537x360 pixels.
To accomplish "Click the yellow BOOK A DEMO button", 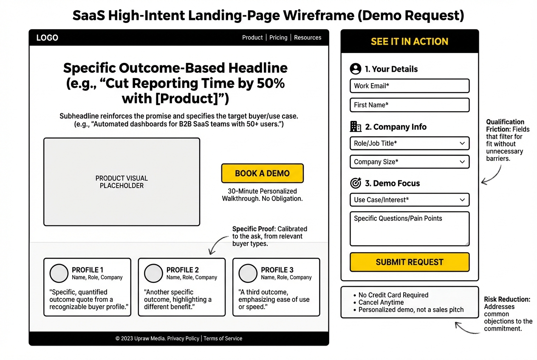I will tap(262, 173).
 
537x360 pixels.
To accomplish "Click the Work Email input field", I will tap(409, 86).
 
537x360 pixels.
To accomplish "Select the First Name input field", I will tap(409, 105).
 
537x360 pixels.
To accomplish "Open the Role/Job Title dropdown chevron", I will tap(462, 143).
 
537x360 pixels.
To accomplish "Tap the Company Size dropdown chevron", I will tap(462, 162).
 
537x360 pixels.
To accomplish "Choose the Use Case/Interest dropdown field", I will tap(409, 200).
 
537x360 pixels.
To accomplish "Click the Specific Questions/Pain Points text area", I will tap(409, 229).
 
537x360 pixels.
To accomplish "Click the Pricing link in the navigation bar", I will tap(278, 37).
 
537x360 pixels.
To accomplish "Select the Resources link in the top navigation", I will tap(308, 37).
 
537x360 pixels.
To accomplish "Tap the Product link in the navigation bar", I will tap(252, 37).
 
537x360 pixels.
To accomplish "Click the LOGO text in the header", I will tap(47, 38).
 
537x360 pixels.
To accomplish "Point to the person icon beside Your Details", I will tap(355, 69).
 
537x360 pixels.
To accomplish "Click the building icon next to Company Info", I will tap(355, 127).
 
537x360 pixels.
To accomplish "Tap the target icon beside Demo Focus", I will tap(355, 183).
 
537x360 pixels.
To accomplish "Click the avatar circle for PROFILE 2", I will tap(153, 273).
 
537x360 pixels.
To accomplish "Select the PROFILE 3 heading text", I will tap(277, 270).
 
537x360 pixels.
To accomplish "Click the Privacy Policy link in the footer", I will tap(183, 338).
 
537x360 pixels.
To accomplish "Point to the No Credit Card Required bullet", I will tap(393, 295).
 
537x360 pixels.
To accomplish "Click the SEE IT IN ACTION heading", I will tap(409, 42).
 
